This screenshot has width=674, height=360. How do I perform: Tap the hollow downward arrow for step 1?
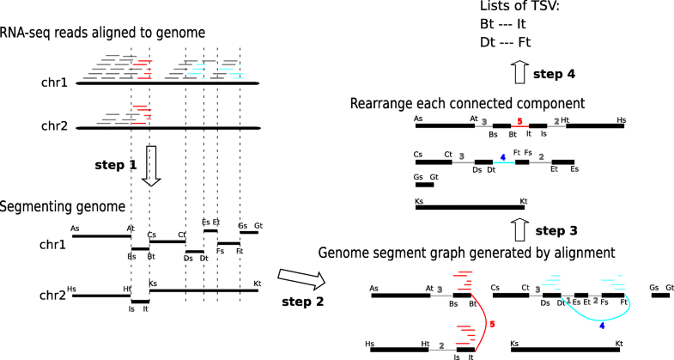point(151,165)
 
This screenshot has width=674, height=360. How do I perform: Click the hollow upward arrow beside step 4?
point(518,74)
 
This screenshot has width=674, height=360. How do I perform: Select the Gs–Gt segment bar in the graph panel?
point(661,295)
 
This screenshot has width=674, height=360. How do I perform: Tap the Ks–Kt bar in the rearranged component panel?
point(470,206)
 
